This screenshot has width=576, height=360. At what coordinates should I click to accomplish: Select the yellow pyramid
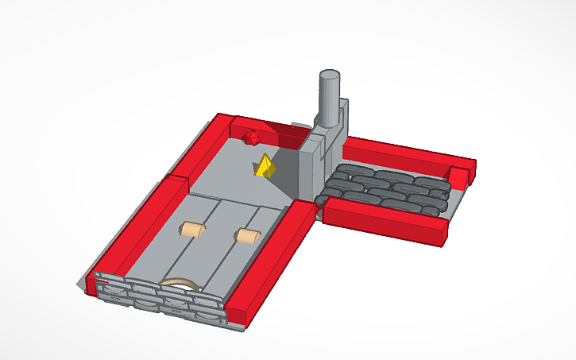coord(265,166)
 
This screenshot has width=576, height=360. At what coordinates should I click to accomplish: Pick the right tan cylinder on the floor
coord(248,235)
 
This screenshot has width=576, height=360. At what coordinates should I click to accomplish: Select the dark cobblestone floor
coord(385,189)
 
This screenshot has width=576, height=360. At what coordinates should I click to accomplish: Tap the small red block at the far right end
coord(462,172)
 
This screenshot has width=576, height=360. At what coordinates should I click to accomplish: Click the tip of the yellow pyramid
coord(265,156)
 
